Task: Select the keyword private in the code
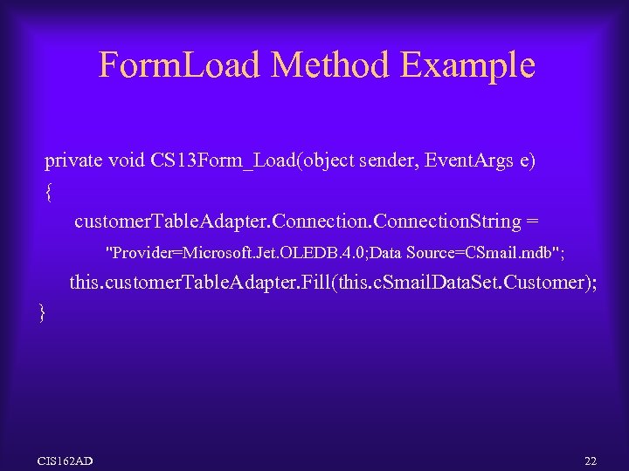click(x=73, y=160)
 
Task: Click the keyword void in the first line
click(x=126, y=160)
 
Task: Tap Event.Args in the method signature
click(x=468, y=160)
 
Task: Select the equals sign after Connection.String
click(x=531, y=222)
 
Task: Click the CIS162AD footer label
click(x=66, y=460)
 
